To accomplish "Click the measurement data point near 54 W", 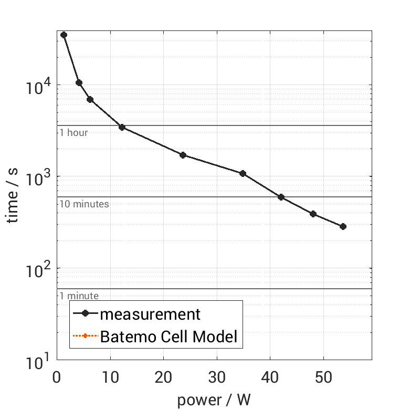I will (x=343, y=226).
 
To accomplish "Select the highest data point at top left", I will (x=64, y=35).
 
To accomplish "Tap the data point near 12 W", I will (x=122, y=127).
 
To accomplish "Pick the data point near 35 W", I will (x=243, y=173).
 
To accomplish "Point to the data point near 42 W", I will (x=281, y=197).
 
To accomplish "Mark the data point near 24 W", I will (x=183, y=155).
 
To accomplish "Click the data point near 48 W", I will (x=313, y=214).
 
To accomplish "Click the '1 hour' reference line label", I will (x=73, y=133).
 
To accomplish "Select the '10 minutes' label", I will (x=84, y=204).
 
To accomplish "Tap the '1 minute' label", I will (x=79, y=296).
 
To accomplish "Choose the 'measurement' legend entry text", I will (x=150, y=314).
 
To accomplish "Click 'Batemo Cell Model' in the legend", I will (x=169, y=336).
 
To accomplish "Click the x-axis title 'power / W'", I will (x=214, y=400).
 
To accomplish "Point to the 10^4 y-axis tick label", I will (x=38, y=86).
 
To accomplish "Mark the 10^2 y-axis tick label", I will (x=38, y=269).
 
